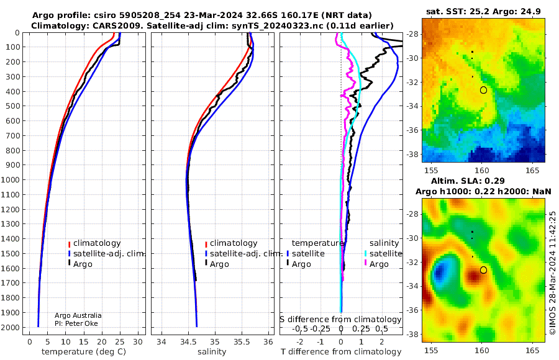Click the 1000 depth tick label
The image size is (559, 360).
tap(10, 179)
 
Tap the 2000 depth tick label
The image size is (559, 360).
tap(10, 327)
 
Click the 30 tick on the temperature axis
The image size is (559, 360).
tap(138, 342)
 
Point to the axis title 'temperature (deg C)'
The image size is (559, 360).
tap(84, 352)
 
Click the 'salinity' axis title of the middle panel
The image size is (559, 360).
tap(212, 352)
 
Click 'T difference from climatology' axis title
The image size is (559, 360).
tap(341, 352)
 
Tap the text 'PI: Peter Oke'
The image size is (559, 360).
tap(76, 323)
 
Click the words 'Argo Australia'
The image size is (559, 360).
tap(78, 315)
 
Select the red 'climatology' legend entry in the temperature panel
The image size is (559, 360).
tap(94, 243)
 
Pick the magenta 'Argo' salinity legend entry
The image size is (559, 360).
tap(375, 264)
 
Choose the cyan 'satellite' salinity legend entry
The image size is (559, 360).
tap(383, 253)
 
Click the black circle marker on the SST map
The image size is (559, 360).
tap(483, 90)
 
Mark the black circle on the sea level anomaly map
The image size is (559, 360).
tap(483, 270)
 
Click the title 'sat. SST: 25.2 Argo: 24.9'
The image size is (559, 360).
tap(483, 11)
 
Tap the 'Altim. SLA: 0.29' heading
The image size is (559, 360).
tap(468, 181)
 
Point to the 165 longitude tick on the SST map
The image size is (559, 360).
tap(532, 170)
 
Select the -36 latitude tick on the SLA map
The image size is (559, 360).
tap(413, 310)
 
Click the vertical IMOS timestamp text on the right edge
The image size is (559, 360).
tap(552, 272)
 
